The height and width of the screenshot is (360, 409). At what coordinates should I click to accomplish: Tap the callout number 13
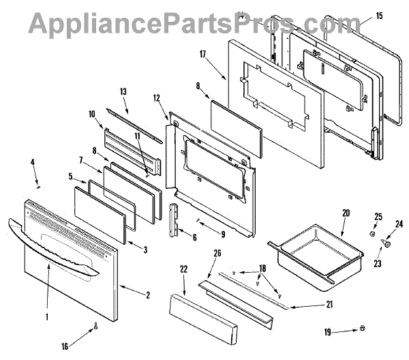[x=123, y=91]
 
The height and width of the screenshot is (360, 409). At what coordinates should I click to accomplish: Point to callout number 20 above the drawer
[x=345, y=213]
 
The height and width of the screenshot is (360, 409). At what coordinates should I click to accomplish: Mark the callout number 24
[x=399, y=223]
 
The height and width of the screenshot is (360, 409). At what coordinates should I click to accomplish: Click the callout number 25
[x=380, y=217]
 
